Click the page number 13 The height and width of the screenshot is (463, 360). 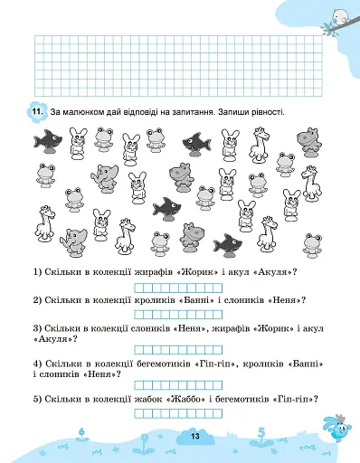pos(193,438)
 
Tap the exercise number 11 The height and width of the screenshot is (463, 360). pos(37,111)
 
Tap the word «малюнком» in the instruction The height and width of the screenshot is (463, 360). pos(90,111)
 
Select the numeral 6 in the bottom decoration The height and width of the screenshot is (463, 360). pos(81,432)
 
